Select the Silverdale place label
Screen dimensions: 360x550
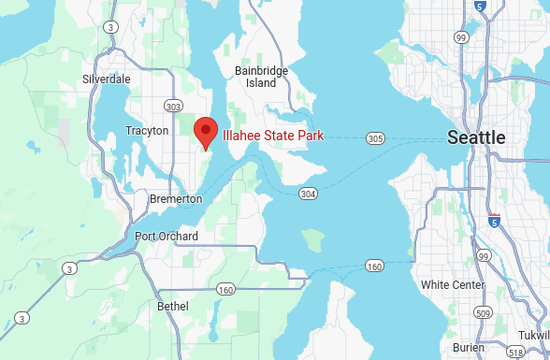[x=107, y=79]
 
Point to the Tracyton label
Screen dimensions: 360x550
[x=147, y=131]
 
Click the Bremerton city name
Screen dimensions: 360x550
[x=176, y=199]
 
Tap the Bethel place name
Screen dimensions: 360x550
[x=173, y=306]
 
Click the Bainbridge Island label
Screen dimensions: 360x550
[x=262, y=77]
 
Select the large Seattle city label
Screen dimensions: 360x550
[x=476, y=137]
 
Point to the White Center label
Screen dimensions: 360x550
[x=453, y=284]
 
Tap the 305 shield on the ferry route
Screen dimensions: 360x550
[x=375, y=138]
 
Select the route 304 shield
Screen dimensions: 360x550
[x=308, y=193]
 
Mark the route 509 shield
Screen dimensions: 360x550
[x=483, y=312]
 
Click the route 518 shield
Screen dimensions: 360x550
[x=515, y=353]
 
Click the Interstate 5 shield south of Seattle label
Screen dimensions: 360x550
[x=494, y=221]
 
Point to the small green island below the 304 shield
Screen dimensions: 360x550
[x=311, y=240]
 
